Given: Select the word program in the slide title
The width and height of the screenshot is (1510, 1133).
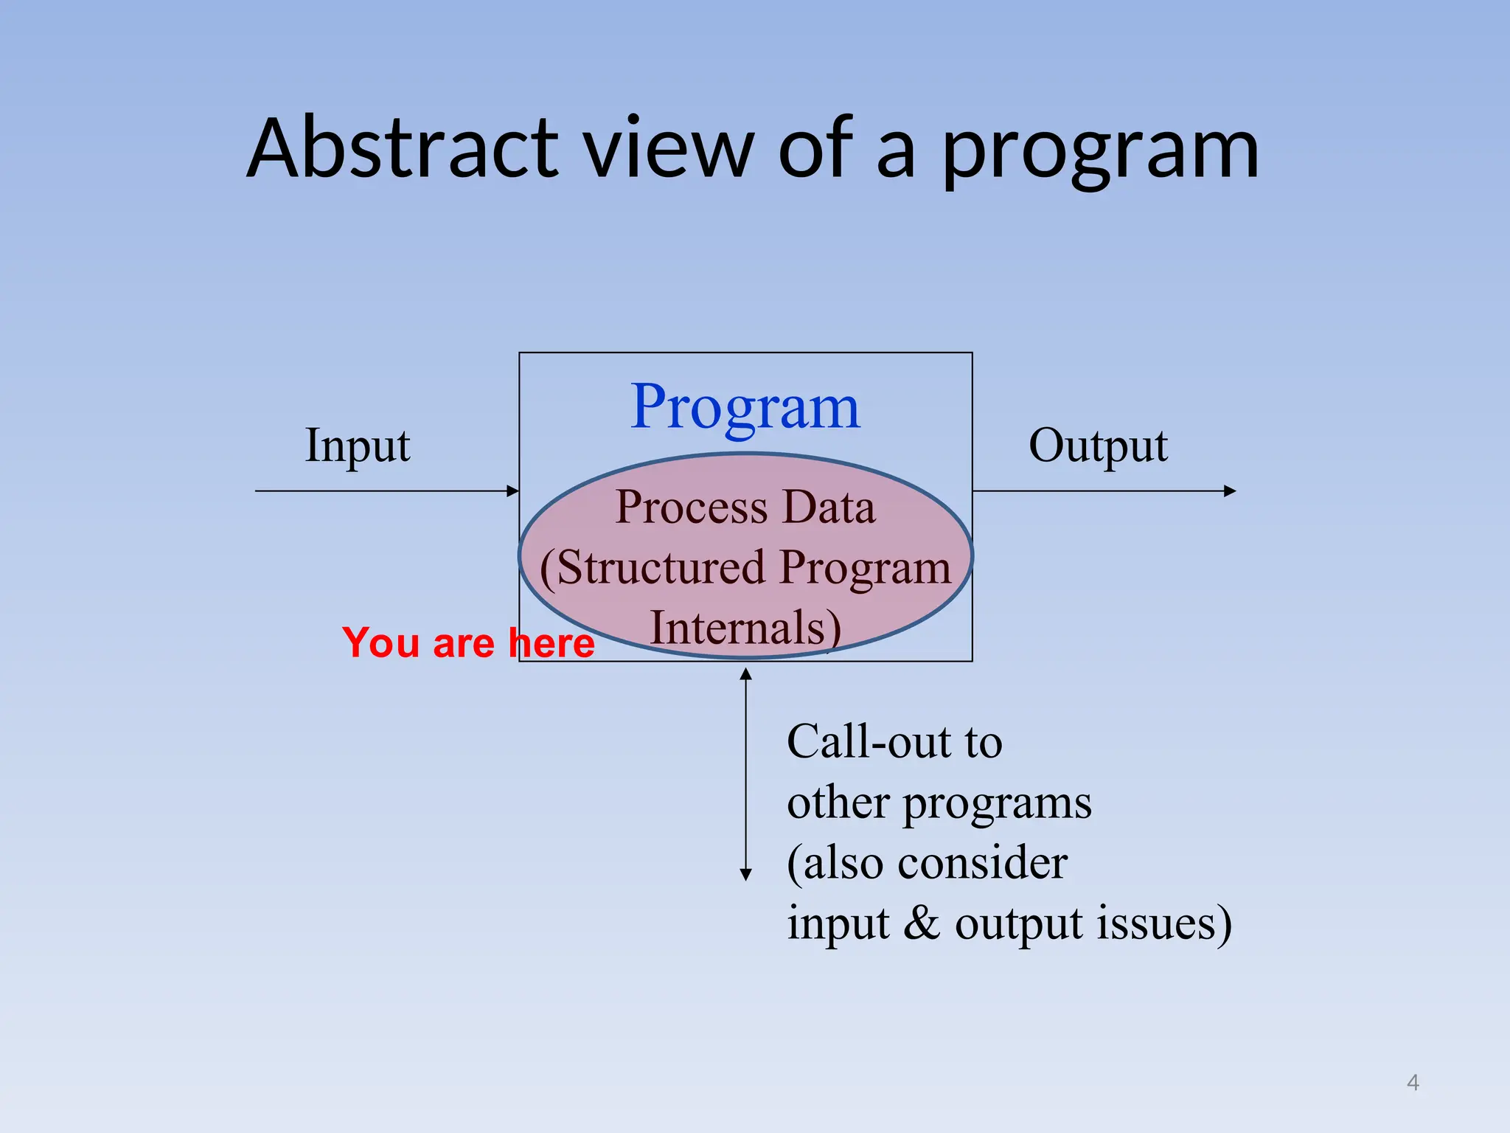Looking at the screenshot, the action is [1100, 151].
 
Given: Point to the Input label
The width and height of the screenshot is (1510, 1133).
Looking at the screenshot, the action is [358, 446].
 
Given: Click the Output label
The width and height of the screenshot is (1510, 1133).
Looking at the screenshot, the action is [1098, 446].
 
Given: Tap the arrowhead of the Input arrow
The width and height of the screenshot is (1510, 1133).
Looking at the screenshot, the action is [513, 491].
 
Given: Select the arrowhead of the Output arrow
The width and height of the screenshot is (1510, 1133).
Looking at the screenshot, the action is [1229, 491].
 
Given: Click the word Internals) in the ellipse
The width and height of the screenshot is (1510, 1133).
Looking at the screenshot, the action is [745, 628].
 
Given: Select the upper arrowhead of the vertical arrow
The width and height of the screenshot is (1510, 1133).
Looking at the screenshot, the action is [745, 673].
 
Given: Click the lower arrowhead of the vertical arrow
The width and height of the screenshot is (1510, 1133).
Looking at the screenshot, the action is [745, 874].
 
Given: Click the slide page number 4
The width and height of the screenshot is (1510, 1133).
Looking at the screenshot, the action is [1413, 1082].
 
